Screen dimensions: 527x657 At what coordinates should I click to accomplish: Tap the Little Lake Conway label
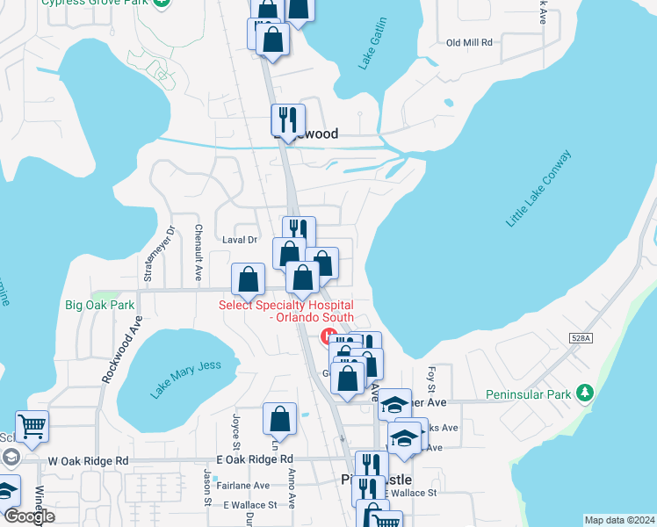[x=538, y=188]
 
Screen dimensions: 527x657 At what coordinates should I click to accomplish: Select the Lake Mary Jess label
[x=195, y=378]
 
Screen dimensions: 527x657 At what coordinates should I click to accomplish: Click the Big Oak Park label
[x=99, y=306]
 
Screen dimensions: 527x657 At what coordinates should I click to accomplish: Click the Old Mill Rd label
[x=469, y=42]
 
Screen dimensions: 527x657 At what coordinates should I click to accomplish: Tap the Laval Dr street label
[x=238, y=239]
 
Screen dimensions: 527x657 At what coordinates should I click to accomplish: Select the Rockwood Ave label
[x=121, y=349]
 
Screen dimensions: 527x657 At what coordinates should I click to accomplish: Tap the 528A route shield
[x=579, y=336]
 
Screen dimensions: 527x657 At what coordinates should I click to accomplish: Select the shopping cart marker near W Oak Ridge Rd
[x=32, y=427]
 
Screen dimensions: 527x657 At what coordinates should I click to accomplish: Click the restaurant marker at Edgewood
[x=287, y=119]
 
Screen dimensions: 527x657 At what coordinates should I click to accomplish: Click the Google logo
[x=29, y=516]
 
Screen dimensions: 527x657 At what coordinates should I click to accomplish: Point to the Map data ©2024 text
[x=618, y=520]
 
